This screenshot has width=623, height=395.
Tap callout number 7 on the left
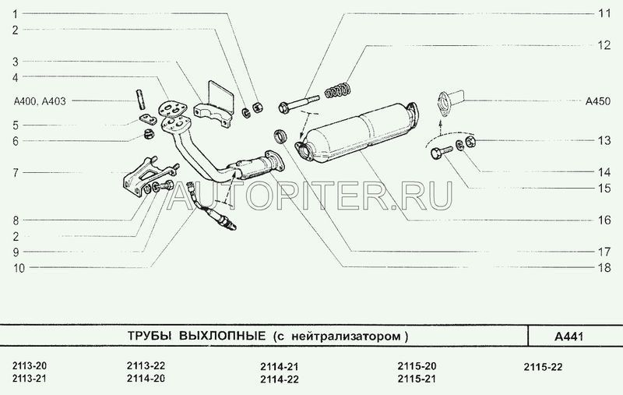pyautogui.click(x=16, y=172)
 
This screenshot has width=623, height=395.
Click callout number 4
pyautogui.click(x=16, y=77)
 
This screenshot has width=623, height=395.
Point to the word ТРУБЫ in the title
pyautogui.click(x=150, y=337)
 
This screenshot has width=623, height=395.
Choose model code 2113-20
pyautogui.click(x=30, y=365)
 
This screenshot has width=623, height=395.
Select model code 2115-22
pyautogui.click(x=542, y=365)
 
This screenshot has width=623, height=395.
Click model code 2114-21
pyautogui.click(x=280, y=366)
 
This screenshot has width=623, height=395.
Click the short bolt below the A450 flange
pyautogui.click(x=436, y=152)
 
